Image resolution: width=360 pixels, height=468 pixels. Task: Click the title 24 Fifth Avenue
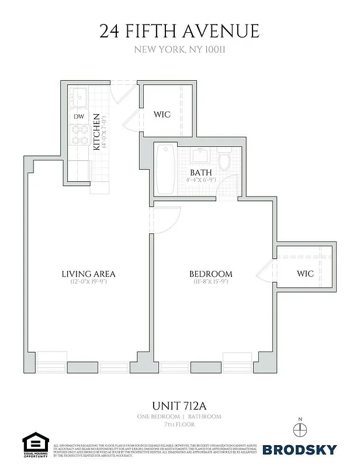pyautogui.click(x=179, y=30)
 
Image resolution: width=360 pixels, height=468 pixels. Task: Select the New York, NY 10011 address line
pyautogui.click(x=179, y=50)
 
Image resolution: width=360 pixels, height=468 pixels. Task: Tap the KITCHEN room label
pyautogui.click(x=97, y=132)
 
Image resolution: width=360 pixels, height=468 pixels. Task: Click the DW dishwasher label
pyautogui.click(x=78, y=116)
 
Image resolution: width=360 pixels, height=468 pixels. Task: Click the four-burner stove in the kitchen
pyautogui.click(x=78, y=135)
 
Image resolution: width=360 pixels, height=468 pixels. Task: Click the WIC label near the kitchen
pyautogui.click(x=162, y=114)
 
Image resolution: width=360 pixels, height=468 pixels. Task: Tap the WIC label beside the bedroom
pyautogui.click(x=305, y=273)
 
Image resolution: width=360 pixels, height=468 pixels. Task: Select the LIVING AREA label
pyautogui.click(x=88, y=273)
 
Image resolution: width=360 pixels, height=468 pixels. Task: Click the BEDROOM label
pyautogui.click(x=210, y=273)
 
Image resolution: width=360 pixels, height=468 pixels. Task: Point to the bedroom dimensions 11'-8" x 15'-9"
pyautogui.click(x=210, y=283)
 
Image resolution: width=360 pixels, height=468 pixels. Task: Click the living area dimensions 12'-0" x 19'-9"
pyautogui.click(x=88, y=283)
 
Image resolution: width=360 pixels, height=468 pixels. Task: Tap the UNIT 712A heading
pyautogui.click(x=179, y=405)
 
